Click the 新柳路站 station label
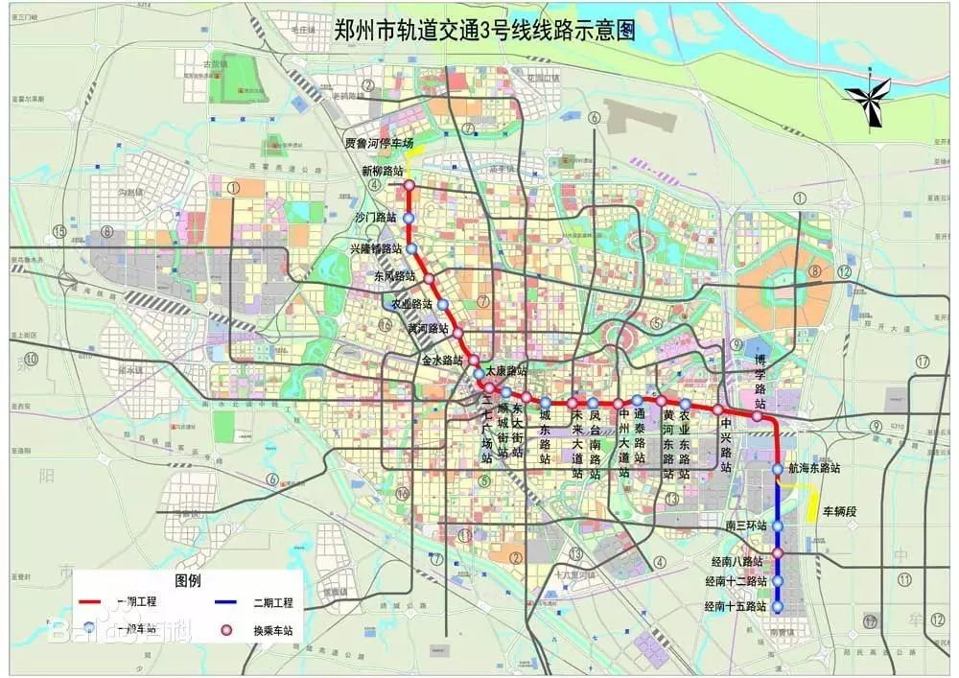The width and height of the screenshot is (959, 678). pyautogui.click(x=383, y=170)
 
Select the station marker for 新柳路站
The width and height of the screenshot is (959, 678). pyautogui.click(x=409, y=185)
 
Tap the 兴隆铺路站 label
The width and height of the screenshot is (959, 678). pyautogui.click(x=377, y=249)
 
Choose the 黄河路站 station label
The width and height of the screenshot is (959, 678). pyautogui.click(x=428, y=328)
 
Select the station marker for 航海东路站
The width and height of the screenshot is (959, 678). pyautogui.click(x=778, y=469)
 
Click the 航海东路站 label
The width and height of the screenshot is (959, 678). pyautogui.click(x=814, y=469)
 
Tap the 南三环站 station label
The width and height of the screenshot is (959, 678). pyautogui.click(x=747, y=526)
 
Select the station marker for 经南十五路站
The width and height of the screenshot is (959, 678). pyautogui.click(x=778, y=607)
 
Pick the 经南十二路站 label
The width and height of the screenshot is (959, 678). pyautogui.click(x=736, y=581)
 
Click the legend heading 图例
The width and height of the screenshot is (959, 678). pyautogui.click(x=188, y=580)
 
